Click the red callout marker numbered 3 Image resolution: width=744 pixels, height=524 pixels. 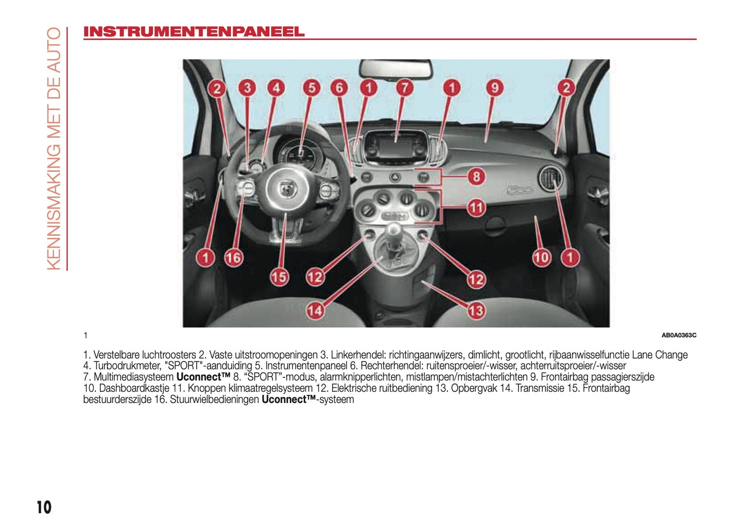pyautogui.click(x=247, y=88)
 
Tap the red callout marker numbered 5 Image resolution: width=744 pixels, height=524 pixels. pyautogui.click(x=312, y=88)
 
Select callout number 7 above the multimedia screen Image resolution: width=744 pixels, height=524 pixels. pyautogui.click(x=405, y=88)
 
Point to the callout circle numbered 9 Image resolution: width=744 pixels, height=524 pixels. pyautogui.click(x=494, y=88)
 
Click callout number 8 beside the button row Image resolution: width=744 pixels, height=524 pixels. pyautogui.click(x=476, y=177)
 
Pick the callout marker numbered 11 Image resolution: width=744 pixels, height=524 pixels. pyautogui.click(x=476, y=208)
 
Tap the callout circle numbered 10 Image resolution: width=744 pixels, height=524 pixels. pyautogui.click(x=541, y=257)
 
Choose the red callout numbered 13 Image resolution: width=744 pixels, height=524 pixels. pyautogui.click(x=476, y=310)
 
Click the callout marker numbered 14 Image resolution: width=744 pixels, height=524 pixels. pyautogui.click(x=315, y=310)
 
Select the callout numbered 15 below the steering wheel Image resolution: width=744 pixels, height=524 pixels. pyautogui.click(x=279, y=277)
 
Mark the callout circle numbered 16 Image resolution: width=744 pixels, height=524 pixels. pyautogui.click(x=233, y=257)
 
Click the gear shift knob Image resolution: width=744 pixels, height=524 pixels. pyautogui.click(x=394, y=230)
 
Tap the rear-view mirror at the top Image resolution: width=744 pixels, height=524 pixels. pyautogui.click(x=395, y=68)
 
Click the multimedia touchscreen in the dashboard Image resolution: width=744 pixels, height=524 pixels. pyautogui.click(x=395, y=145)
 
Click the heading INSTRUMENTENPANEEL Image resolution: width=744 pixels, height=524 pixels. pyautogui.click(x=194, y=32)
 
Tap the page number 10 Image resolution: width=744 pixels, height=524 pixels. pyautogui.click(x=44, y=508)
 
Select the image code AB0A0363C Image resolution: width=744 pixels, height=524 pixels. pyautogui.click(x=679, y=336)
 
